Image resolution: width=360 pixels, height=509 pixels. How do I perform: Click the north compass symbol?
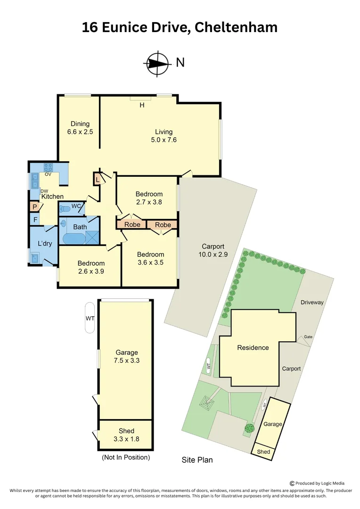click(157, 63)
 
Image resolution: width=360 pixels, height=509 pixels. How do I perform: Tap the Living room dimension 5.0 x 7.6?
click(164, 140)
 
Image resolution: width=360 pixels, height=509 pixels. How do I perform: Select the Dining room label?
click(80, 123)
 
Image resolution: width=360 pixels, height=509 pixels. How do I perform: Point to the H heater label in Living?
click(142, 105)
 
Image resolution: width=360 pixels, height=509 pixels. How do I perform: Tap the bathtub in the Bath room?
click(74, 238)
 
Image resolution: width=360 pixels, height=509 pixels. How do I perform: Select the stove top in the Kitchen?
click(49, 167)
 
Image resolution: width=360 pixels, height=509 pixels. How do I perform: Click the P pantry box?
click(34, 207)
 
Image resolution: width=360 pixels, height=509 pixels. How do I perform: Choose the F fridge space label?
click(35, 220)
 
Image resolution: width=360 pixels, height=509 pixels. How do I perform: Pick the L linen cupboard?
click(98, 180)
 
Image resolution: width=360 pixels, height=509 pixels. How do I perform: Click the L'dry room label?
click(45, 244)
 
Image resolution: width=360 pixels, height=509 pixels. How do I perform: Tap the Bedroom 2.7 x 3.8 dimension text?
click(149, 202)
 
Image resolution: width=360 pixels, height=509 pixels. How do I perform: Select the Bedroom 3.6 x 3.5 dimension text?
click(151, 263)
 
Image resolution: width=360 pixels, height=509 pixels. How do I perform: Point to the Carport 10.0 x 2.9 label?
click(213, 250)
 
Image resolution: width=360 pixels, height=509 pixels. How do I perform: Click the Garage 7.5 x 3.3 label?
click(127, 356)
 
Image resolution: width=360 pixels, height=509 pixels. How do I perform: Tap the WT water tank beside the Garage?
click(90, 318)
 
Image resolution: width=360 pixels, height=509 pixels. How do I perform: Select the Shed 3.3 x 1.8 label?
click(126, 435)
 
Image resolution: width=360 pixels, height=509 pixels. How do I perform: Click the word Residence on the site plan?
click(253, 348)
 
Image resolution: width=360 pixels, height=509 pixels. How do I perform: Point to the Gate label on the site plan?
click(308, 337)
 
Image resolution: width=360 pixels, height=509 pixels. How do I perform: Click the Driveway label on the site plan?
click(312, 303)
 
